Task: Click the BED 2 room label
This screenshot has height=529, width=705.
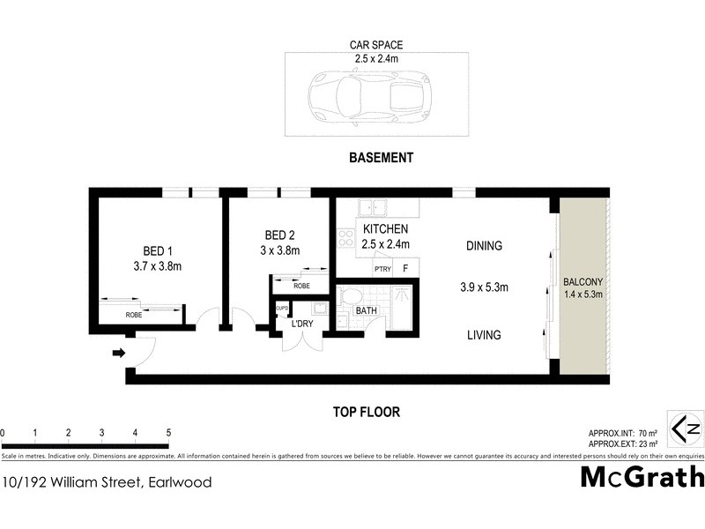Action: pos(279,235)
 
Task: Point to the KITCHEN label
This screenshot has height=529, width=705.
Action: pos(385,229)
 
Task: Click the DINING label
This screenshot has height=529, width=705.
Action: pos(484,246)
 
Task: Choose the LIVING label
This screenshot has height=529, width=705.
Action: pos(484,335)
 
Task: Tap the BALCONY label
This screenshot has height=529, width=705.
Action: pos(583,283)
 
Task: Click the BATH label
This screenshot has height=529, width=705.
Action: pos(365,311)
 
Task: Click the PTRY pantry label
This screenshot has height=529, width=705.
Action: pos(382,269)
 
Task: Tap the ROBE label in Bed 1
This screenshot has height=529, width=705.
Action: pos(134,314)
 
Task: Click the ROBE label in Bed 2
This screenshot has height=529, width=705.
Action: pos(301,287)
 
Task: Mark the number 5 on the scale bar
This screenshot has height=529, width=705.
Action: pos(168,433)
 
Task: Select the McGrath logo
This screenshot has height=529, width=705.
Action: pos(642,477)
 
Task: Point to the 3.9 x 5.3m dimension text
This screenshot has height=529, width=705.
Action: pos(484,287)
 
